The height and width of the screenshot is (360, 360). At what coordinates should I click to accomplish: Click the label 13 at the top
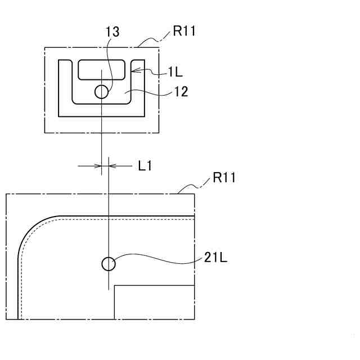(x=112, y=32)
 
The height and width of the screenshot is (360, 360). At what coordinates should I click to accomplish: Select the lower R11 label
(x=224, y=179)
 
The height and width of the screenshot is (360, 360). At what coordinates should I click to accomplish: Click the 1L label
(x=175, y=71)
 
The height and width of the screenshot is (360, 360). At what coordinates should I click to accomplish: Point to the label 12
(x=181, y=91)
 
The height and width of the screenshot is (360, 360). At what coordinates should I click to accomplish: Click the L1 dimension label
(x=145, y=166)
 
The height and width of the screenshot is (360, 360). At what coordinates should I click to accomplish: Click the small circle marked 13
(x=101, y=91)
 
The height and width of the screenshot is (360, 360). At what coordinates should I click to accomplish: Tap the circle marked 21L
(x=108, y=263)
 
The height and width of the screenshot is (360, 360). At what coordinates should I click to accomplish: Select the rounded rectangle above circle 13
(x=101, y=69)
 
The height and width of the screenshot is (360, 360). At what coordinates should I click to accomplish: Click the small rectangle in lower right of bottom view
(x=155, y=303)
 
